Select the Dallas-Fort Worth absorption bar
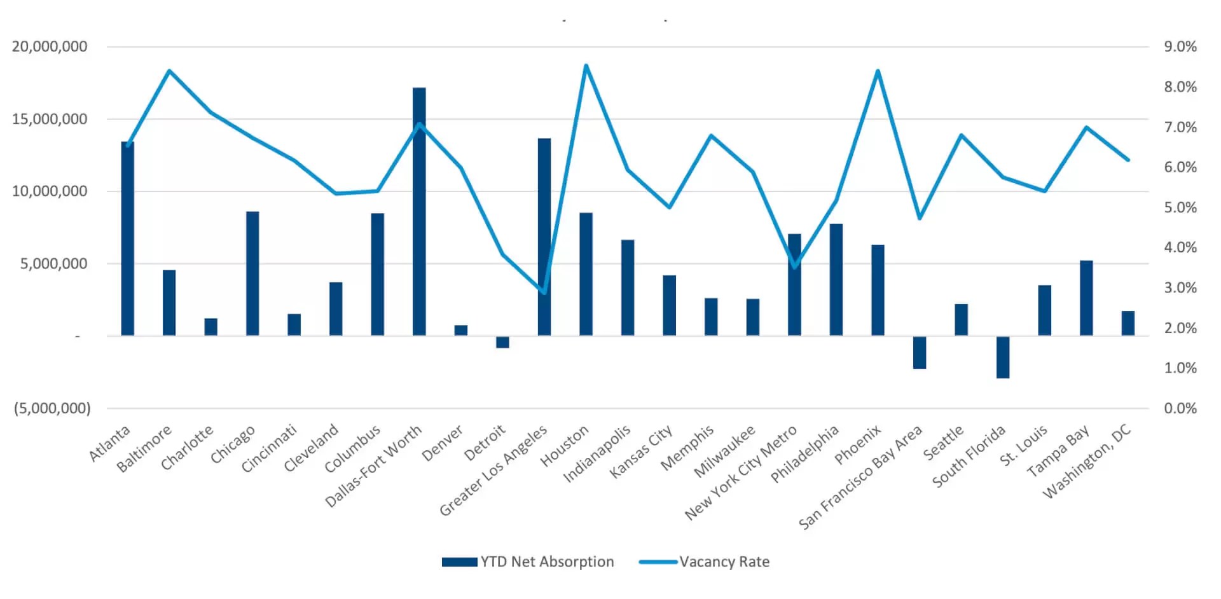(419, 212)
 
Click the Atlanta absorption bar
(128, 238)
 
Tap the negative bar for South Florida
(1003, 357)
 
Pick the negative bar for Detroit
(502, 342)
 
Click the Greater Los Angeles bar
(544, 237)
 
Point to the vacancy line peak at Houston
(586, 65)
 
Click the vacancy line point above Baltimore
(169, 71)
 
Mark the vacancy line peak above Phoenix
(878, 71)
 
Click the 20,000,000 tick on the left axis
(50, 46)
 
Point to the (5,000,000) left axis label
(52, 408)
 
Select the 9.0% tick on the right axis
(1180, 46)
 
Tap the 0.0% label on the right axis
(1180, 408)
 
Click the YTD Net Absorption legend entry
(528, 561)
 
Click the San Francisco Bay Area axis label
(860, 478)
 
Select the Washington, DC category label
(1087, 462)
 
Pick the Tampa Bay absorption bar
(1086, 298)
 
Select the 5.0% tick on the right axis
(1180, 207)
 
